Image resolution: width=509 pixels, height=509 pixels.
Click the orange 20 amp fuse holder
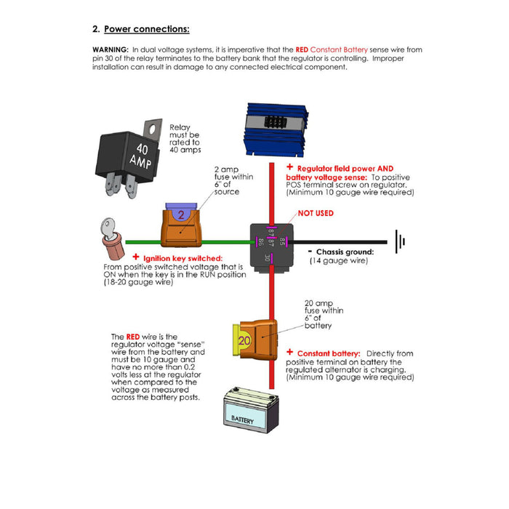click(x=254, y=339)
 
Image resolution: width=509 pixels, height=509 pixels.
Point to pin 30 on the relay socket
click(x=268, y=257)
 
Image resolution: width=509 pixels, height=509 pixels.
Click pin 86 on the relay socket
click(x=260, y=241)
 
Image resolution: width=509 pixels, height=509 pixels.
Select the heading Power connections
click(x=146, y=29)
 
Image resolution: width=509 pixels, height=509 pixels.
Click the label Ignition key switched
click(x=178, y=258)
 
